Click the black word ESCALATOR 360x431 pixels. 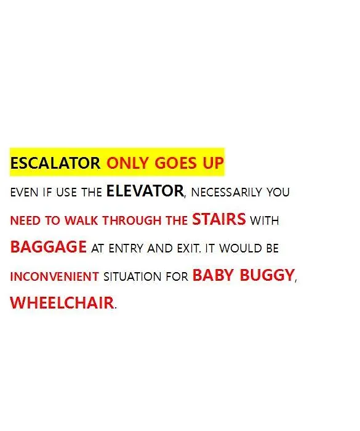pyautogui.click(x=55, y=163)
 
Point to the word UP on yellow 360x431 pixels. pyautogui.click(x=214, y=163)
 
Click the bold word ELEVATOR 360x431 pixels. pyautogui.click(x=145, y=191)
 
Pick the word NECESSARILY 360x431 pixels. pyautogui.click(x=226, y=192)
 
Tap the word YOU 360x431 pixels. pyautogui.click(x=278, y=192)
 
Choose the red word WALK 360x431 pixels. pyautogui.click(x=81, y=220)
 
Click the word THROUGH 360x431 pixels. pyautogui.click(x=132, y=220)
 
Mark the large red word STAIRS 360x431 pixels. pyautogui.click(x=218, y=219)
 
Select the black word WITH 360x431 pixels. pyautogui.click(x=265, y=220)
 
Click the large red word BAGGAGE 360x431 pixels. pyautogui.click(x=49, y=246)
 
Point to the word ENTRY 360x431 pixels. pyautogui.click(x=126, y=249)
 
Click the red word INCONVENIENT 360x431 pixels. pyautogui.click(x=54, y=276)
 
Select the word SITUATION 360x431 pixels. pyautogui.click(x=132, y=276)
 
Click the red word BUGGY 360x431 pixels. pyautogui.click(x=267, y=275)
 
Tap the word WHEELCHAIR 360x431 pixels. pyautogui.click(x=62, y=303)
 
